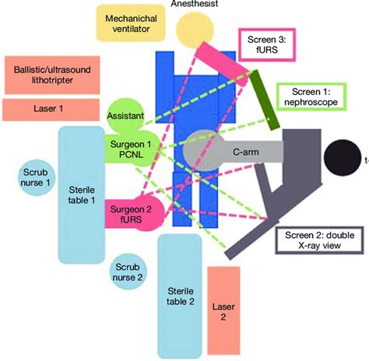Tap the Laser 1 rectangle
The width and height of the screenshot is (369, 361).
click(48, 109)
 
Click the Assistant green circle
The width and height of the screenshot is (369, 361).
click(127, 115)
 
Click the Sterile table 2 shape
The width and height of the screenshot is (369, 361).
click(181, 296)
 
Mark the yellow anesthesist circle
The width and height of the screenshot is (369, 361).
click(194, 31)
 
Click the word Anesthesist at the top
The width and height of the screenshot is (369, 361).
click(195, 5)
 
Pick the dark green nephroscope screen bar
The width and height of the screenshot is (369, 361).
click(264, 100)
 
